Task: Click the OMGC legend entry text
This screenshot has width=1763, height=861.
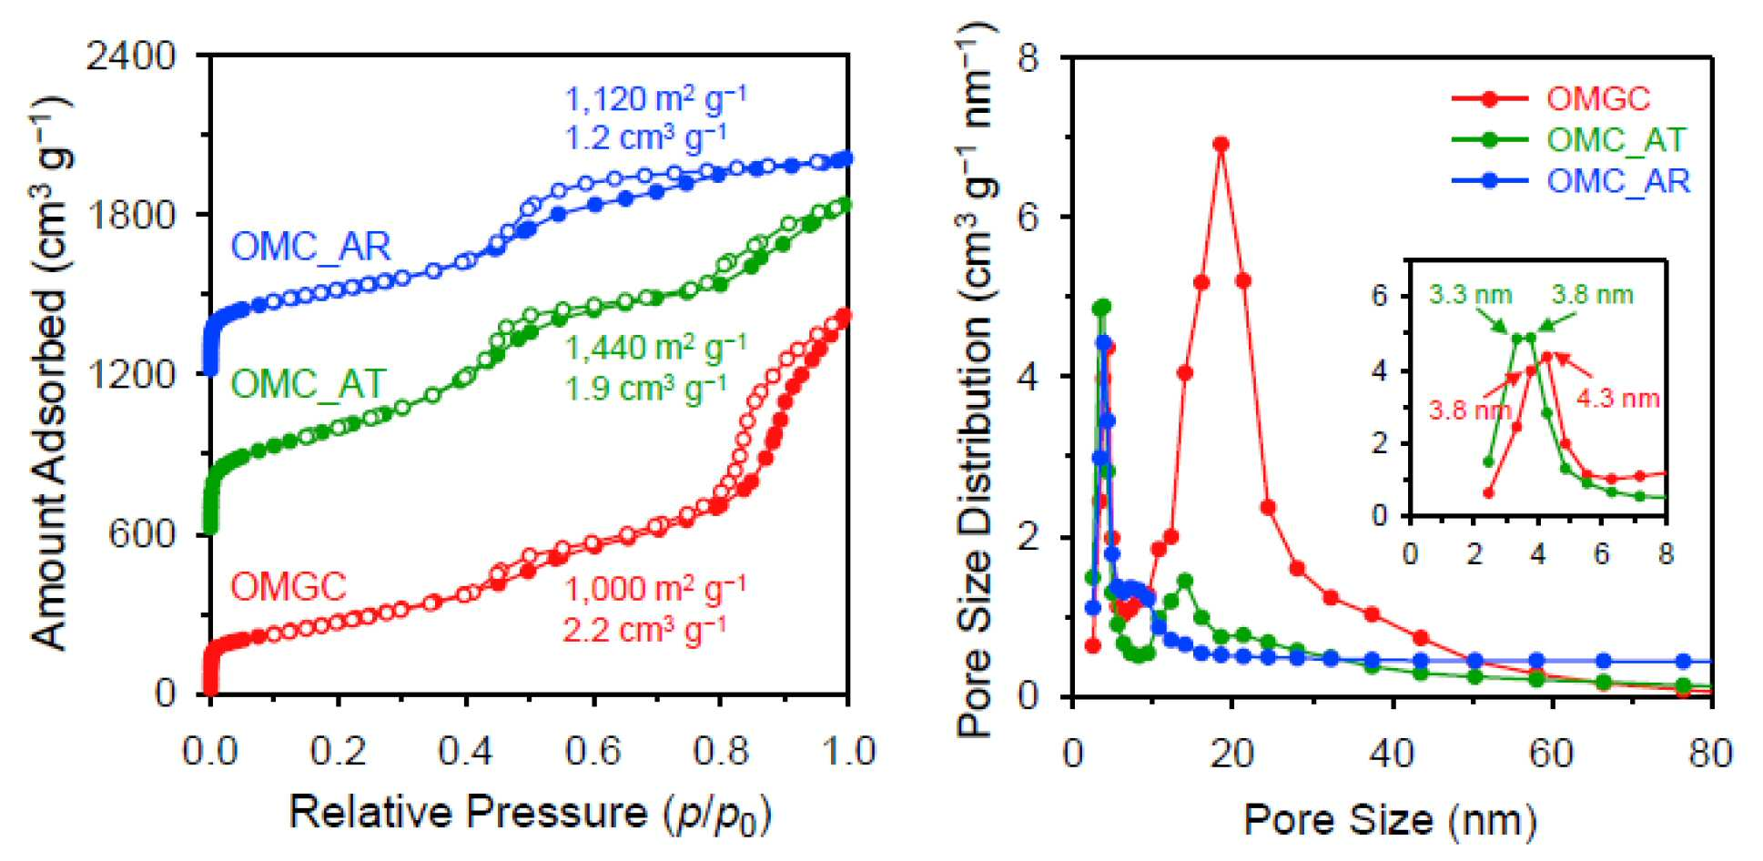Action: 1598,98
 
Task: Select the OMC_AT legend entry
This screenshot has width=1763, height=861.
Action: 1616,139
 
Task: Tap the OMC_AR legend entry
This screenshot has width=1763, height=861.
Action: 1618,180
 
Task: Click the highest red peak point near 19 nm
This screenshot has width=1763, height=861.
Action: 1221,144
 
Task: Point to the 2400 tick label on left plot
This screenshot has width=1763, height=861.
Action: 131,56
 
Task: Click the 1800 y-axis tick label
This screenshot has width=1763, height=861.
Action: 131,215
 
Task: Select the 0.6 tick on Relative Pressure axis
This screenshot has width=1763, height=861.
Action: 593,752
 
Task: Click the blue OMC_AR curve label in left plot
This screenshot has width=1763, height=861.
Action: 311,247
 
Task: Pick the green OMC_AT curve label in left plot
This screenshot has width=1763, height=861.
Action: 309,384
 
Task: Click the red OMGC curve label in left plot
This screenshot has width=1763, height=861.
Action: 289,586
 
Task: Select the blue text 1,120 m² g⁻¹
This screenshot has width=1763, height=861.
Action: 655,97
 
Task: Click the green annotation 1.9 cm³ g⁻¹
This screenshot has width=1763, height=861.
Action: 645,388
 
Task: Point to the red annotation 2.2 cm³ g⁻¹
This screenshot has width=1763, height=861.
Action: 644,628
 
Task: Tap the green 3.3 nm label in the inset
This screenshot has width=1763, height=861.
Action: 1471,295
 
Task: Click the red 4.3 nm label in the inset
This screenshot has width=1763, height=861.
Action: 1618,398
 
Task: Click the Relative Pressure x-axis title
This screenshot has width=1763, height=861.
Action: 531,812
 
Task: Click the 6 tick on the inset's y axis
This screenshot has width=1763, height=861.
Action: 1380,297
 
